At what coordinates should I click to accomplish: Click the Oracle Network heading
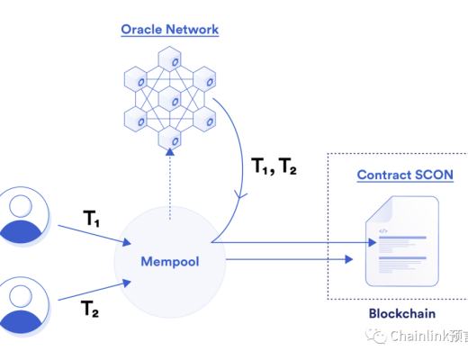(x=170, y=30)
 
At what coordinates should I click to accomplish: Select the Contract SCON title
(x=404, y=174)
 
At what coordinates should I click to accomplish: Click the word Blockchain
(x=402, y=314)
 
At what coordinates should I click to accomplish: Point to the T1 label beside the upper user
(x=94, y=218)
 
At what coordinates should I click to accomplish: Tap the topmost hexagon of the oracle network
(x=170, y=60)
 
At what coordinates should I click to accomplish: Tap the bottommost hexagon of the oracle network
(x=170, y=139)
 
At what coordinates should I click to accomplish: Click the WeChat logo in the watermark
(x=373, y=337)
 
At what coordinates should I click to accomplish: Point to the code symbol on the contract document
(x=382, y=231)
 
